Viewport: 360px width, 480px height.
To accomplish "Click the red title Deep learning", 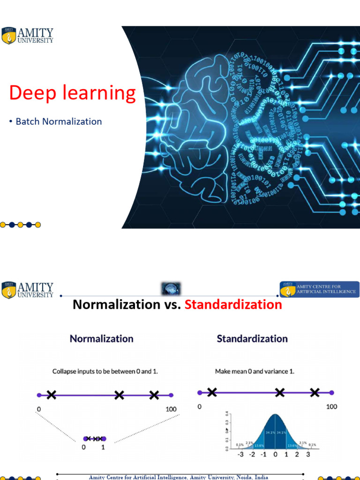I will (72, 93).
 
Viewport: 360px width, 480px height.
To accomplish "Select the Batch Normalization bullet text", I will (59, 121).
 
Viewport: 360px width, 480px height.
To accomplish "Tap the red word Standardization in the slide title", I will (233, 305).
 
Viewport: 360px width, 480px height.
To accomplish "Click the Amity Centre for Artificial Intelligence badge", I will (320, 289).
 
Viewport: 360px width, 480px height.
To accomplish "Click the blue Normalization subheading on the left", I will (101, 338).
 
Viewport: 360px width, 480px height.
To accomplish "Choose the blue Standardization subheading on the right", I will (252, 338).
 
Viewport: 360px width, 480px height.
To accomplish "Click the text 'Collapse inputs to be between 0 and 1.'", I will (105, 371).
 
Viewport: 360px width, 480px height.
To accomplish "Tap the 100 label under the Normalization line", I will (171, 409).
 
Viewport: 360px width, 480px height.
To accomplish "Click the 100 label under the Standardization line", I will (331, 406).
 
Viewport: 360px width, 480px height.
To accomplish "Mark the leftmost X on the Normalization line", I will (52, 395).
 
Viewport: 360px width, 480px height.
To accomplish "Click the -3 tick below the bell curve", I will (240, 454).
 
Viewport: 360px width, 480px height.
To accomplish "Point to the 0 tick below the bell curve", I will (275, 454).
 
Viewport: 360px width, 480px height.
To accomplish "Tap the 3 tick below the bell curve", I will (308, 454).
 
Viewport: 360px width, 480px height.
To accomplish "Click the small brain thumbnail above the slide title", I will (171, 288).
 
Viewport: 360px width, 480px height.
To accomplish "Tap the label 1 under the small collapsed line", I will (103, 448).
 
